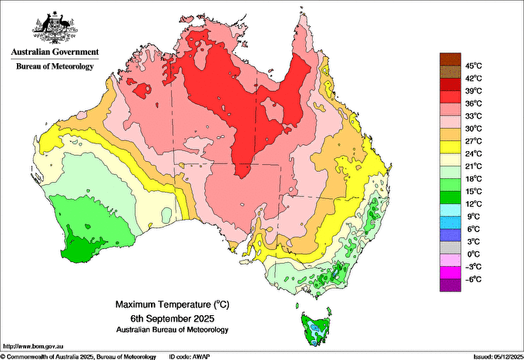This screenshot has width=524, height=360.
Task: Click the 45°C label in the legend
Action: [472, 66]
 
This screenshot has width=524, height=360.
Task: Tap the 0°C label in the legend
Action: [472, 254]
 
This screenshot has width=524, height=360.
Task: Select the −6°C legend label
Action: [472, 279]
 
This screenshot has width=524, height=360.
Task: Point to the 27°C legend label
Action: [472, 141]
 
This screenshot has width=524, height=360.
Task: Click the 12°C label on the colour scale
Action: [472, 204]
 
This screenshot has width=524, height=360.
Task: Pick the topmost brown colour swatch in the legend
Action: [449, 59]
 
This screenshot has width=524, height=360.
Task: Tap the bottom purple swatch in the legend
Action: [449, 285]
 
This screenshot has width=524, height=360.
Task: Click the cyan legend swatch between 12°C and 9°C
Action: [449, 210]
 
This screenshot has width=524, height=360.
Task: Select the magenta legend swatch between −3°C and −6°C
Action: [449, 272]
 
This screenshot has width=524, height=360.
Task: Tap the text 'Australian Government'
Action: [54, 52]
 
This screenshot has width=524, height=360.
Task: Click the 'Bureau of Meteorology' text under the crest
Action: [54, 66]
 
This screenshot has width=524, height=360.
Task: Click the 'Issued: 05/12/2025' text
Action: [494, 356]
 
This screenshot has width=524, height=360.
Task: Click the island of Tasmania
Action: [315, 328]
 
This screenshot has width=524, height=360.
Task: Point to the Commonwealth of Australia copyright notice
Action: [77, 356]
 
